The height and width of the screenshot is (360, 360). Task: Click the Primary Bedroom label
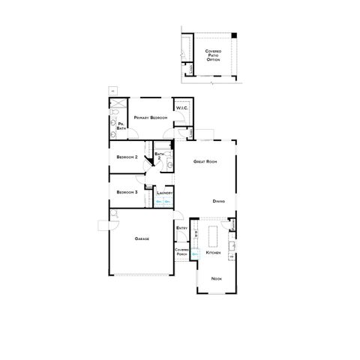(150, 118)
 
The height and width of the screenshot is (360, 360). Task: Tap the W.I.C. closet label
(181, 108)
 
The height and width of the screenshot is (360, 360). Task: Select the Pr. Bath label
(121, 126)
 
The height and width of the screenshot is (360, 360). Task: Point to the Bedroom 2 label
(127, 157)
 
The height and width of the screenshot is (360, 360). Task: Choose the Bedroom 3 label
(127, 192)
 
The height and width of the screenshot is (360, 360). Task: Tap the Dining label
(218, 201)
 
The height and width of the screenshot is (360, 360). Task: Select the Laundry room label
(164, 193)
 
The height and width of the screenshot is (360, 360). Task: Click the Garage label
(142, 238)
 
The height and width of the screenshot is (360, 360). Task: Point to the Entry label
(181, 227)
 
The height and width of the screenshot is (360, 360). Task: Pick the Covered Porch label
(181, 252)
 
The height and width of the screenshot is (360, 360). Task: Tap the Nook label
(216, 279)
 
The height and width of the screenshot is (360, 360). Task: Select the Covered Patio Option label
(213, 55)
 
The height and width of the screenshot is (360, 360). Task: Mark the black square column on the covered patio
(233, 36)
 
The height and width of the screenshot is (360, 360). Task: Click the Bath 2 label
(159, 156)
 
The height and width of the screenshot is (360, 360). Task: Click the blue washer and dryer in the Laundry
(163, 202)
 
